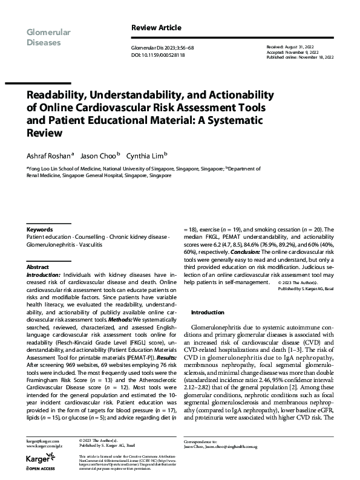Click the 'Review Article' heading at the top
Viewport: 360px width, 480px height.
(x=156, y=28)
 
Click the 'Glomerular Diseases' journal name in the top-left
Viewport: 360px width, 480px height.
(x=48, y=37)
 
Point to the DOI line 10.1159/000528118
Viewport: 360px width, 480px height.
(x=158, y=54)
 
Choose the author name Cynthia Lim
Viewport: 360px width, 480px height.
(x=145, y=155)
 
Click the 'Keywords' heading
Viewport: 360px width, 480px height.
(x=39, y=230)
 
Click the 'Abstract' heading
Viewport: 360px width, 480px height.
(x=37, y=266)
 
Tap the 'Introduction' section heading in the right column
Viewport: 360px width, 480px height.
(x=208, y=313)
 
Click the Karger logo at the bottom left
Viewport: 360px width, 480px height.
(x=39, y=458)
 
